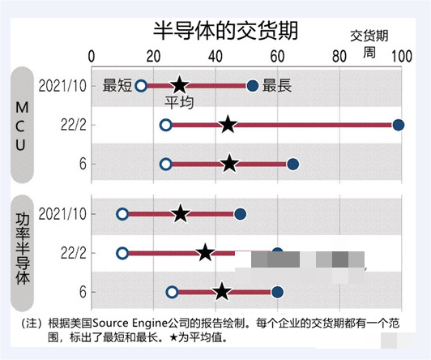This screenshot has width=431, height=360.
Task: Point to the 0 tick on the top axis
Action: [x=91, y=56]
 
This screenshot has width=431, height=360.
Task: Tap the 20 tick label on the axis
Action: [x=152, y=56]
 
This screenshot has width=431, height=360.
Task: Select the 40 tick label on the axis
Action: [x=215, y=56]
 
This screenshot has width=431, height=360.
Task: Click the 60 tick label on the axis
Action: [x=277, y=56]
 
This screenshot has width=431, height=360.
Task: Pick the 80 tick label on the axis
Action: [x=339, y=56]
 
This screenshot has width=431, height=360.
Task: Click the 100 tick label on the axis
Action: [x=399, y=56]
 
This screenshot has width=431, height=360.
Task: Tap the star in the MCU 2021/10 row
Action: [x=180, y=85]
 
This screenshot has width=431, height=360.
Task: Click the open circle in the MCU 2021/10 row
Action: [x=141, y=85]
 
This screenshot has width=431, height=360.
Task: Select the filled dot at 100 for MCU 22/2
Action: [x=398, y=125]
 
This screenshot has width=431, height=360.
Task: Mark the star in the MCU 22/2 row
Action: [x=228, y=125]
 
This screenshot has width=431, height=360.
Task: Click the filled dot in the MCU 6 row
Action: [x=292, y=165]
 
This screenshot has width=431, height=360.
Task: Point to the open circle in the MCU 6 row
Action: [x=166, y=165]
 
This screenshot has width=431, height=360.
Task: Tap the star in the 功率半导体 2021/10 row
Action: [x=180, y=214]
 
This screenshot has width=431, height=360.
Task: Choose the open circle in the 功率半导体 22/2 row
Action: [x=122, y=253]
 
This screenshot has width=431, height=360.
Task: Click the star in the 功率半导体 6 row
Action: [x=221, y=292]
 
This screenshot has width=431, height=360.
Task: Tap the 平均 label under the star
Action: [x=179, y=102]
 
